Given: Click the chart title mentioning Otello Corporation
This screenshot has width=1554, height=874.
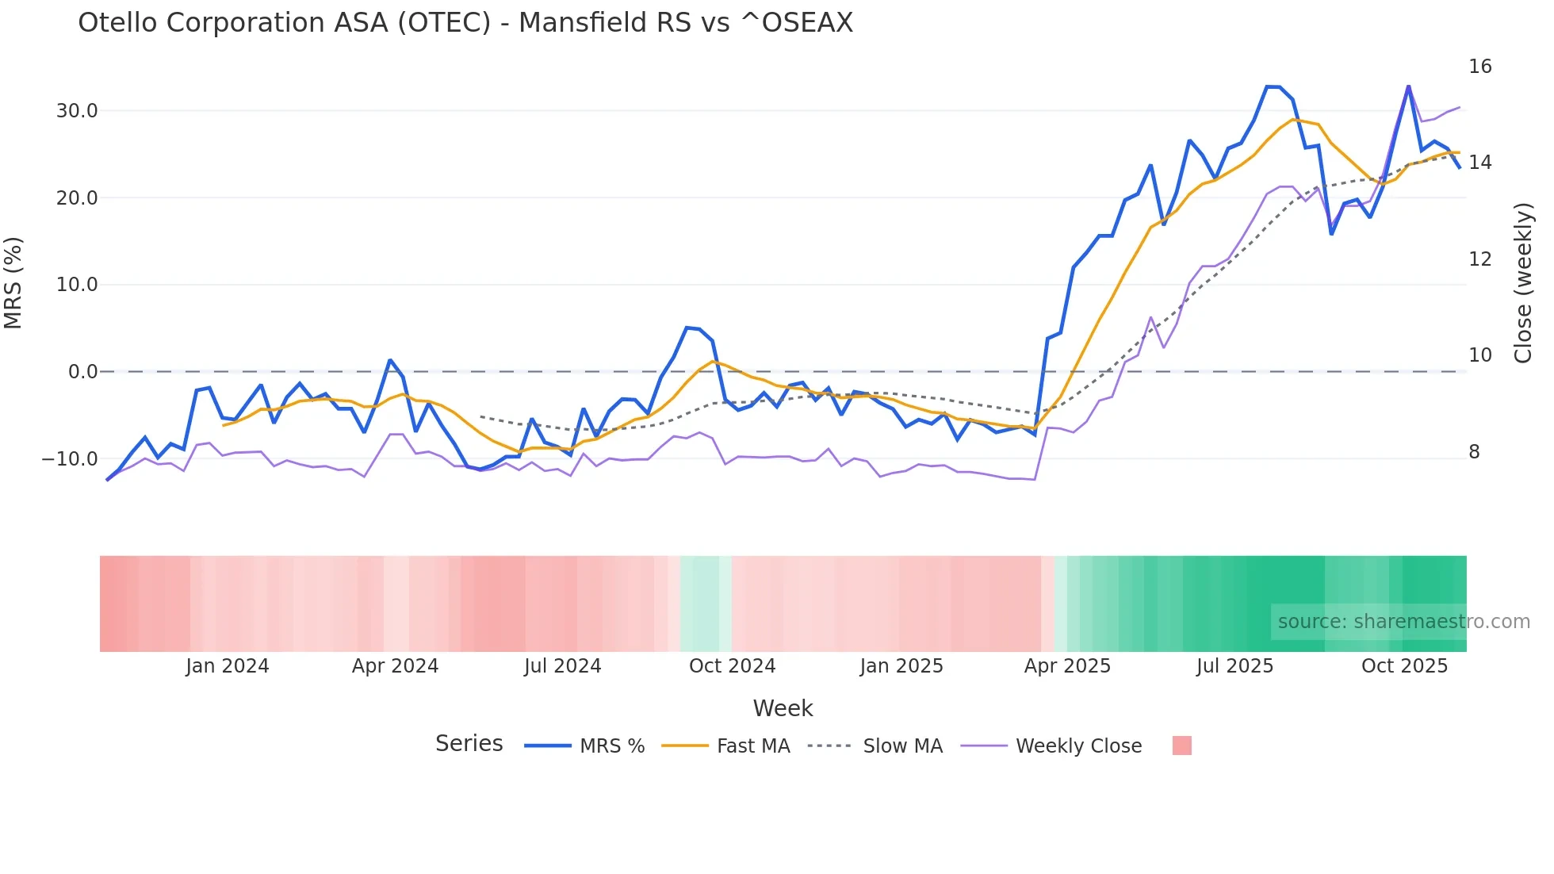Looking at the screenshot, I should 465,23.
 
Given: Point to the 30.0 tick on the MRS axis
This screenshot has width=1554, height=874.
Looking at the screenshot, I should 77,111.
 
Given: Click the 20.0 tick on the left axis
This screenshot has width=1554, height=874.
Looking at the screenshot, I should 77,198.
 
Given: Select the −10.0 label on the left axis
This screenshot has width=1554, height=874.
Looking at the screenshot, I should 70,459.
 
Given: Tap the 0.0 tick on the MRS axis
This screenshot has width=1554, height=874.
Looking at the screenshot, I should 83,372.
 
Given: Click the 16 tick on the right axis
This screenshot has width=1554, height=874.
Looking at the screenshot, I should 1479,67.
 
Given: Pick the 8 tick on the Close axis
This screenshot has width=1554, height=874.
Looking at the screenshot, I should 1474,452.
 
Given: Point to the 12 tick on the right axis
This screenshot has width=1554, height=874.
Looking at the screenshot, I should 1479,259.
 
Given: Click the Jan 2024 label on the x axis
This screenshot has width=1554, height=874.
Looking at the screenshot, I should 228,666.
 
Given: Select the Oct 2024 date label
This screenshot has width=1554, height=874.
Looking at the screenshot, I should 732,666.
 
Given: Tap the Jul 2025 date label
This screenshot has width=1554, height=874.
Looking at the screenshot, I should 1234,666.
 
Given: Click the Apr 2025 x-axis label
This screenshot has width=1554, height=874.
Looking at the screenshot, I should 1067,666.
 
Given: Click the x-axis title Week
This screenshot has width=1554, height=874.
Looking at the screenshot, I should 783,708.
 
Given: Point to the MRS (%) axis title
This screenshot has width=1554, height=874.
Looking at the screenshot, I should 13,283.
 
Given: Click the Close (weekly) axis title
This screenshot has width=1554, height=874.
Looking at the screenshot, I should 1523,283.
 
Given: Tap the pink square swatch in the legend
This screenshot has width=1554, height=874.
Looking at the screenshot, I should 1181,746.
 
